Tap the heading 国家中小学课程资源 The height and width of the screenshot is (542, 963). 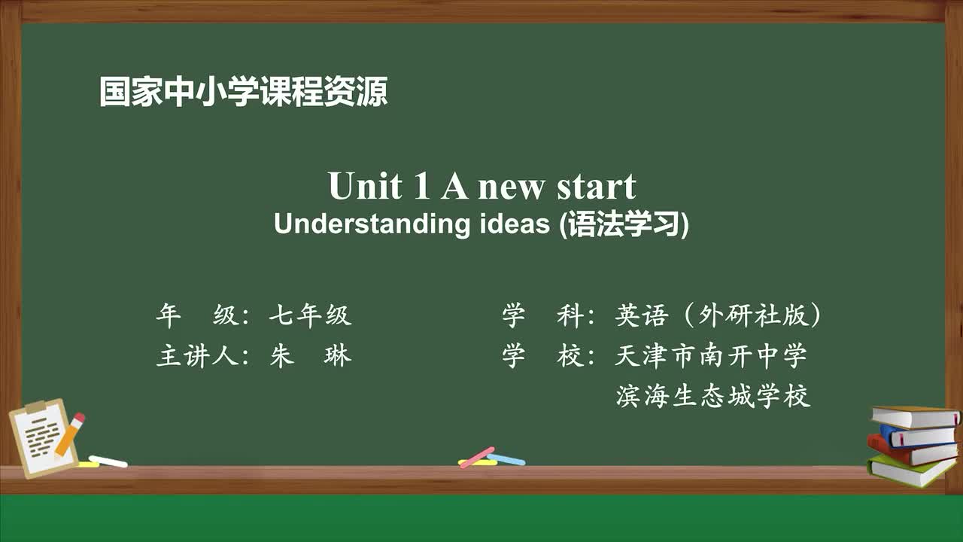coord(244,92)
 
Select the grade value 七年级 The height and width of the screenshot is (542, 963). coord(310,316)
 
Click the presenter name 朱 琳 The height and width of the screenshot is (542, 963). coord(310,355)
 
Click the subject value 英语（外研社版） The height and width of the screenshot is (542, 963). coord(718,316)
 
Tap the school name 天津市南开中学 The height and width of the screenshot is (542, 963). coord(711,355)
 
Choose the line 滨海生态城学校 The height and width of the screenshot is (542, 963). coord(712,396)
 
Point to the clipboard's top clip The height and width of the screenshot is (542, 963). coord(35,407)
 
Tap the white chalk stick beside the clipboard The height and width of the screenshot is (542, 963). coord(108,461)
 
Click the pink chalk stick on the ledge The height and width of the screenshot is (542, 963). coord(476,457)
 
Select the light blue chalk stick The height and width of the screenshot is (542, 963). coord(506,459)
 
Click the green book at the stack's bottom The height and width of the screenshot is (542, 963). coord(910,471)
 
